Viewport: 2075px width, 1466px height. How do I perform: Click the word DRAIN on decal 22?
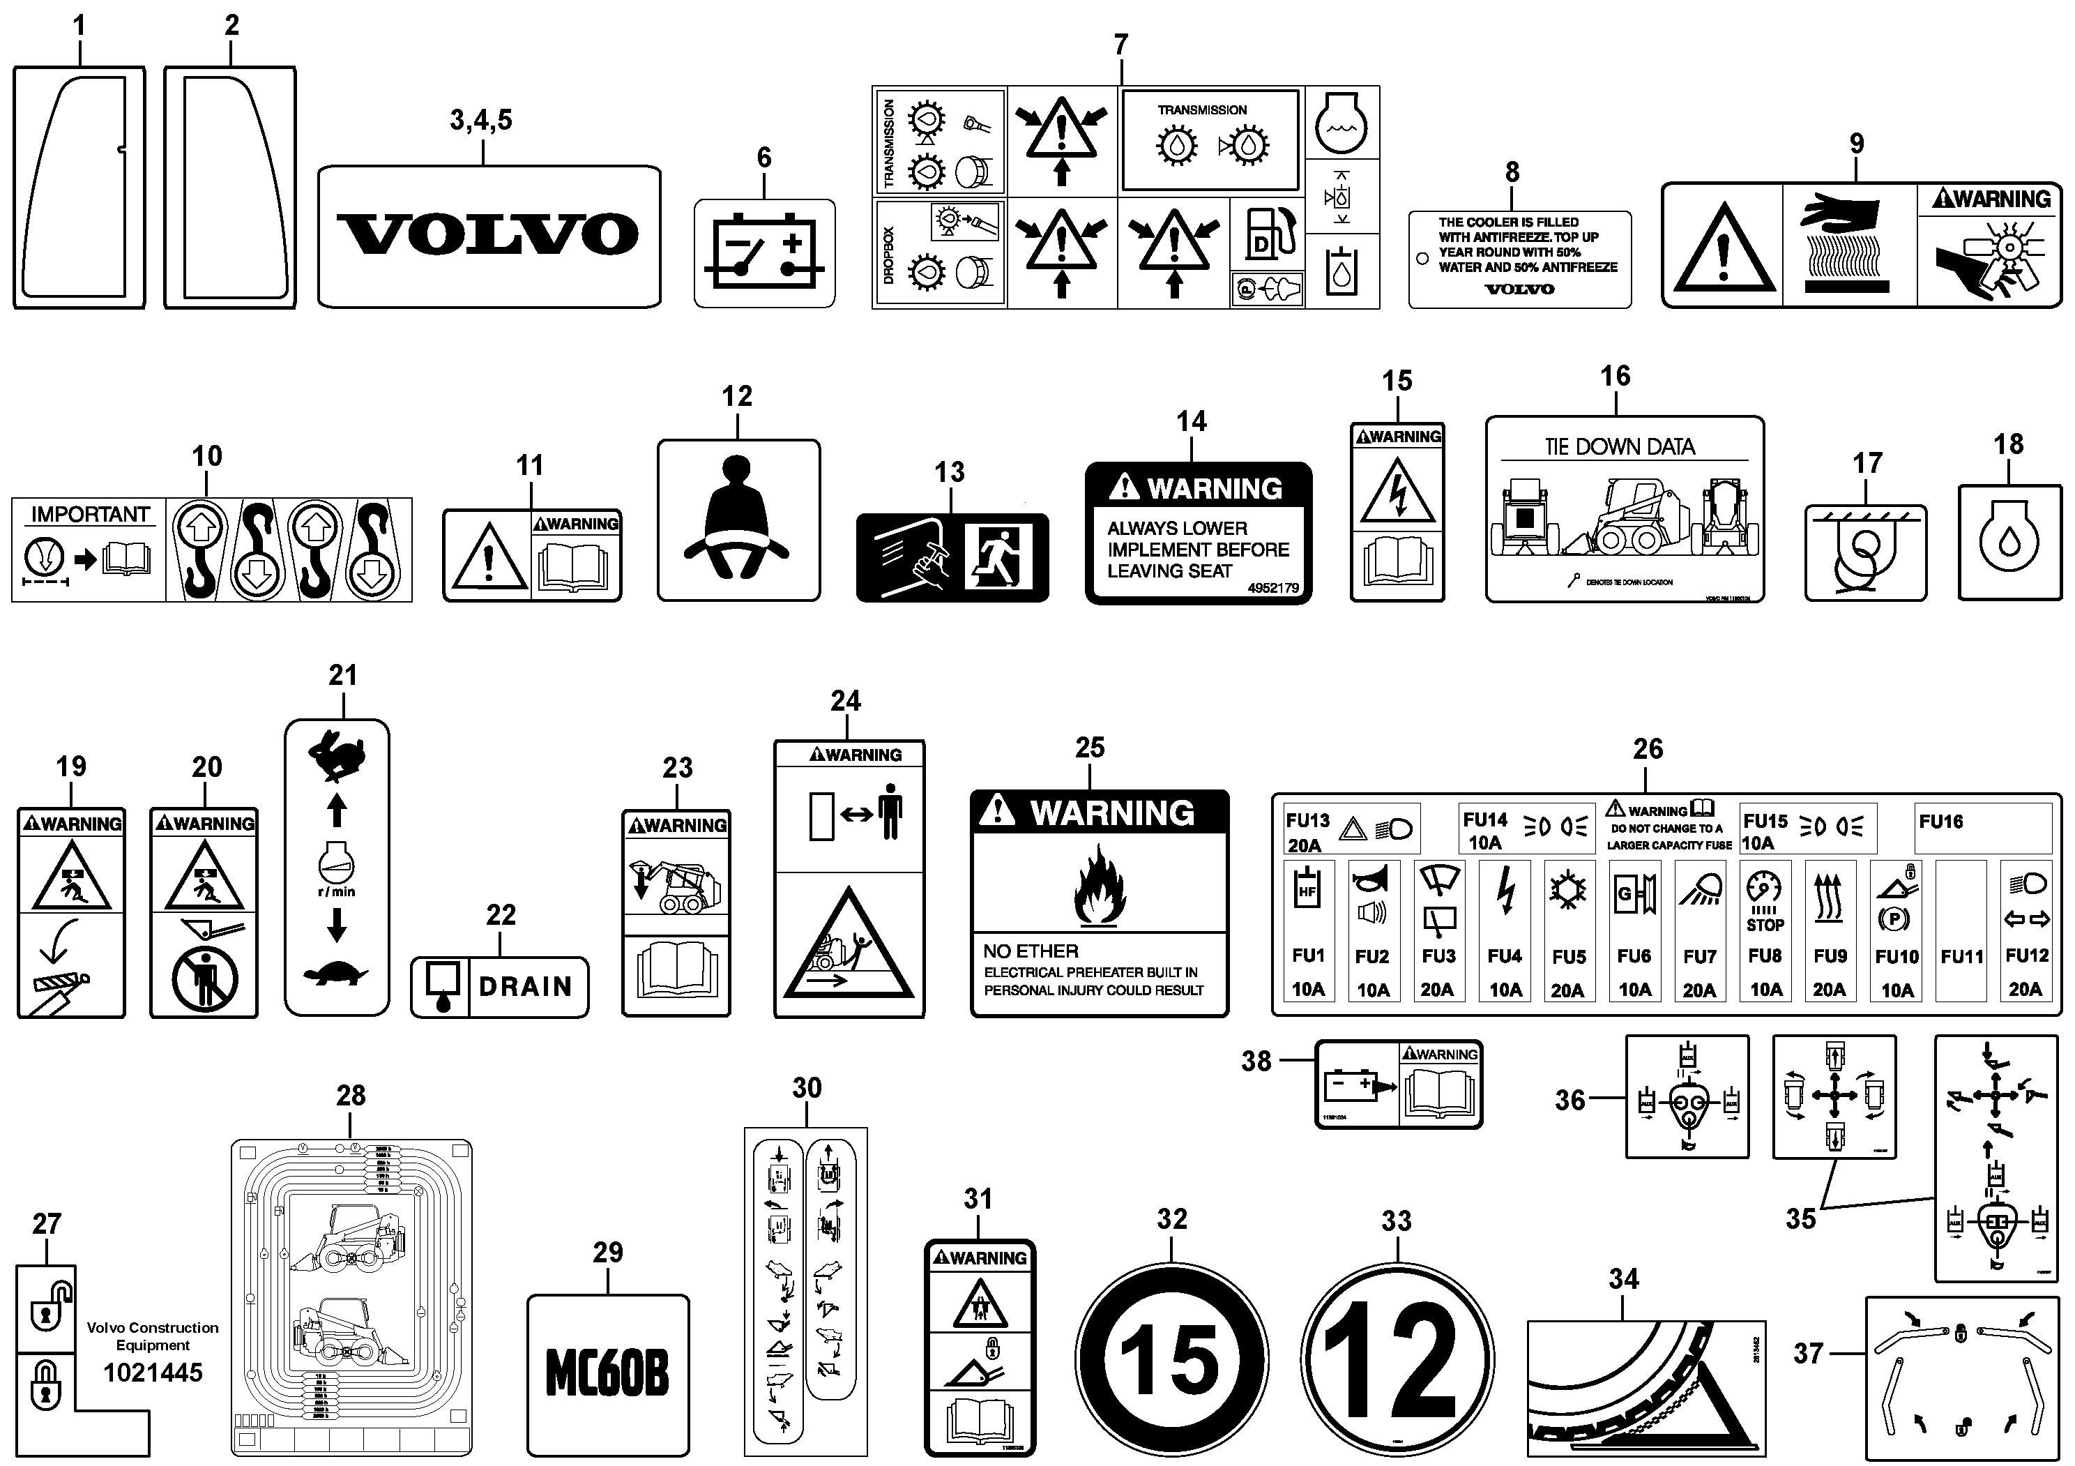click(525, 987)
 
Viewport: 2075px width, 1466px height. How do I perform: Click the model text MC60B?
click(607, 1374)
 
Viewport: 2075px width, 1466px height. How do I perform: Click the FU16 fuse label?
click(1940, 822)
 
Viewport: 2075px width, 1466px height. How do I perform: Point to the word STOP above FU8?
click(1765, 925)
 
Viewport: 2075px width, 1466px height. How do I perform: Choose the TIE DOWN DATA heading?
click(1620, 446)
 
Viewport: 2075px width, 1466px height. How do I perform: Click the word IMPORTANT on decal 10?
click(91, 514)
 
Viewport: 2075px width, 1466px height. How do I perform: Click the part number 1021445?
click(153, 1373)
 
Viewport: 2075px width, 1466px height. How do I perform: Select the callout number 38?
click(1255, 1061)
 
